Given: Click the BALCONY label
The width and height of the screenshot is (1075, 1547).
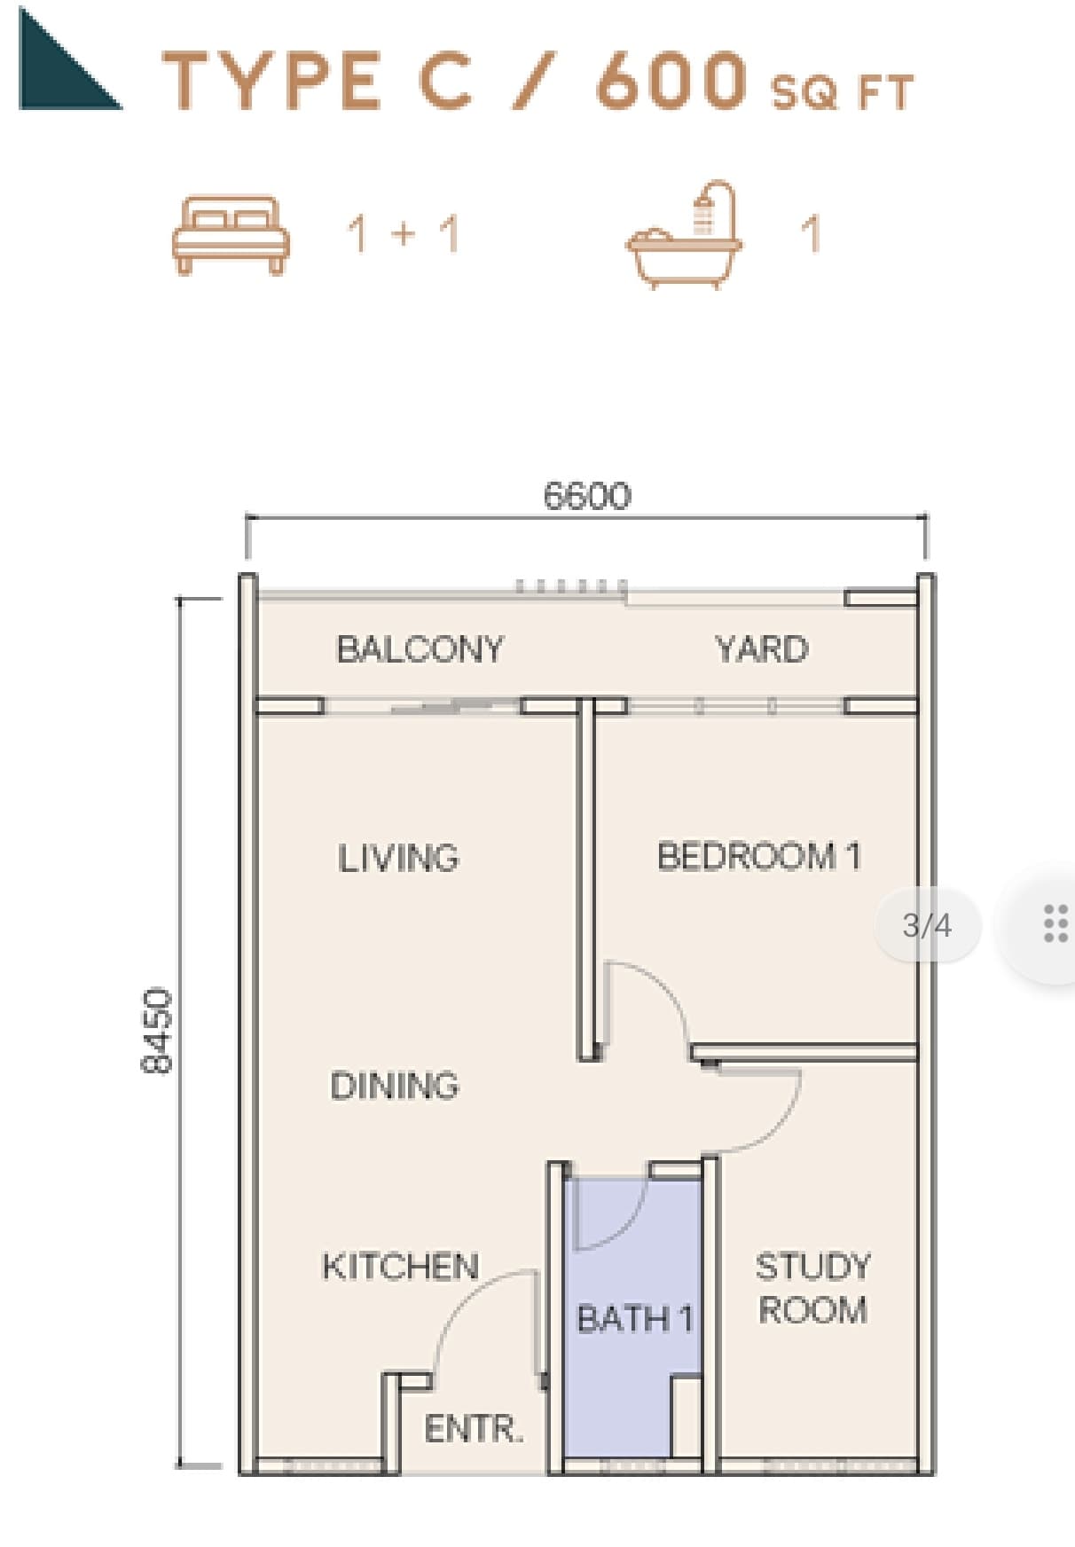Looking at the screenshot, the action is pyautogui.click(x=420, y=649).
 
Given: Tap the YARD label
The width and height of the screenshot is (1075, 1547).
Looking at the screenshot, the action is pyautogui.click(x=762, y=649).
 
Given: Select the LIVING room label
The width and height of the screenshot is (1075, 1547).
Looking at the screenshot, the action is pyautogui.click(x=398, y=858).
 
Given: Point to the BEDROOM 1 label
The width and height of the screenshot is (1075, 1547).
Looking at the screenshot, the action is pyautogui.click(x=759, y=856).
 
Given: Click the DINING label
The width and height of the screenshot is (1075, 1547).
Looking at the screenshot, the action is pyautogui.click(x=395, y=1086).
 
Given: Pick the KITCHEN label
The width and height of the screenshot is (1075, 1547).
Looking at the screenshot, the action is pyautogui.click(x=400, y=1266).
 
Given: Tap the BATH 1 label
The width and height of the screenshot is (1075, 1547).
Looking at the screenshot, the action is pyautogui.click(x=635, y=1319).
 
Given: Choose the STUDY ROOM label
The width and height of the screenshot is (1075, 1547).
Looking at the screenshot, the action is pyautogui.click(x=812, y=1288).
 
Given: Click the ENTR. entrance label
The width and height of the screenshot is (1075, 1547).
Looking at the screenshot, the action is pyautogui.click(x=474, y=1429).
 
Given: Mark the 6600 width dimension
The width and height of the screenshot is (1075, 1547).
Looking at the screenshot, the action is pyautogui.click(x=587, y=496).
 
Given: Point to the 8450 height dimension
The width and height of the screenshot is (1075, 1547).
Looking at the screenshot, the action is pyautogui.click(x=158, y=1030).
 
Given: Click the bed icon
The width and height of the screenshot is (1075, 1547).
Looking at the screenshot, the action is pyautogui.click(x=231, y=234).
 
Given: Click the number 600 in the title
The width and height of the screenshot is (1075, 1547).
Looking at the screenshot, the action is pyautogui.click(x=671, y=81).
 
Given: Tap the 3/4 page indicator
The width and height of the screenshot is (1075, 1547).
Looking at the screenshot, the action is pyautogui.click(x=927, y=925).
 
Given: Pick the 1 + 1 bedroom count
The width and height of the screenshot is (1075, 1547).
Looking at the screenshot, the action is pyautogui.click(x=404, y=234).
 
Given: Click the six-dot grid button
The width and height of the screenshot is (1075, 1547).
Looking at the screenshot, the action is pyautogui.click(x=1055, y=923).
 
